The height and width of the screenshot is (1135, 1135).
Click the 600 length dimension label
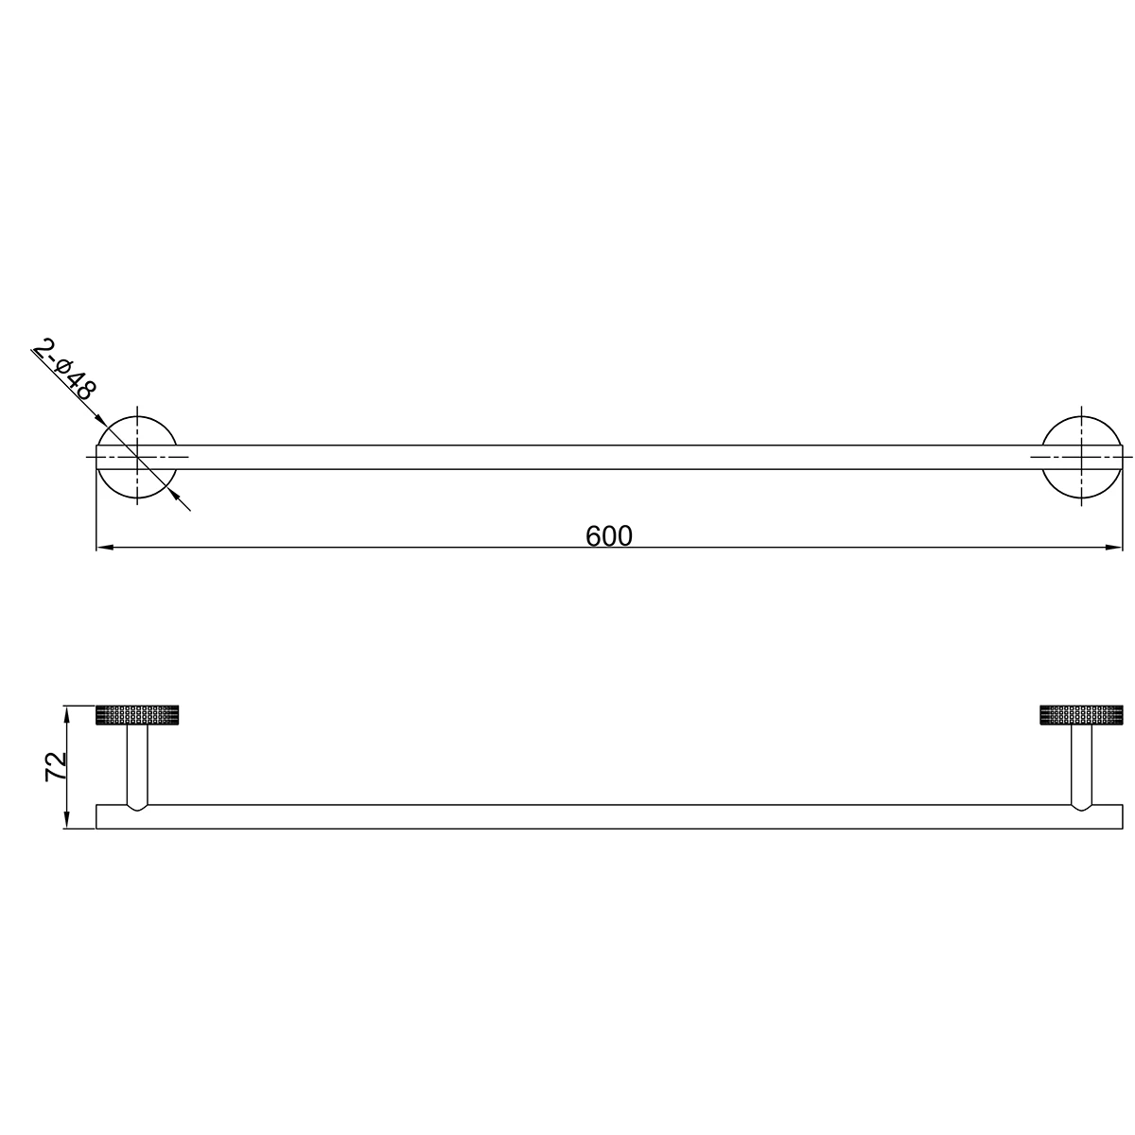(x=608, y=536)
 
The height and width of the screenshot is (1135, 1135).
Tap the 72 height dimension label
(x=57, y=766)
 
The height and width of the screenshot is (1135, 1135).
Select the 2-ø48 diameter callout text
(x=64, y=370)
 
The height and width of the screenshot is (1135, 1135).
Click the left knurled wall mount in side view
(x=137, y=714)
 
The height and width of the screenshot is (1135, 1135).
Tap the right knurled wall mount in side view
(x=1081, y=714)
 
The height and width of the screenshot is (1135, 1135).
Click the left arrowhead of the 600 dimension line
(x=104, y=548)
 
